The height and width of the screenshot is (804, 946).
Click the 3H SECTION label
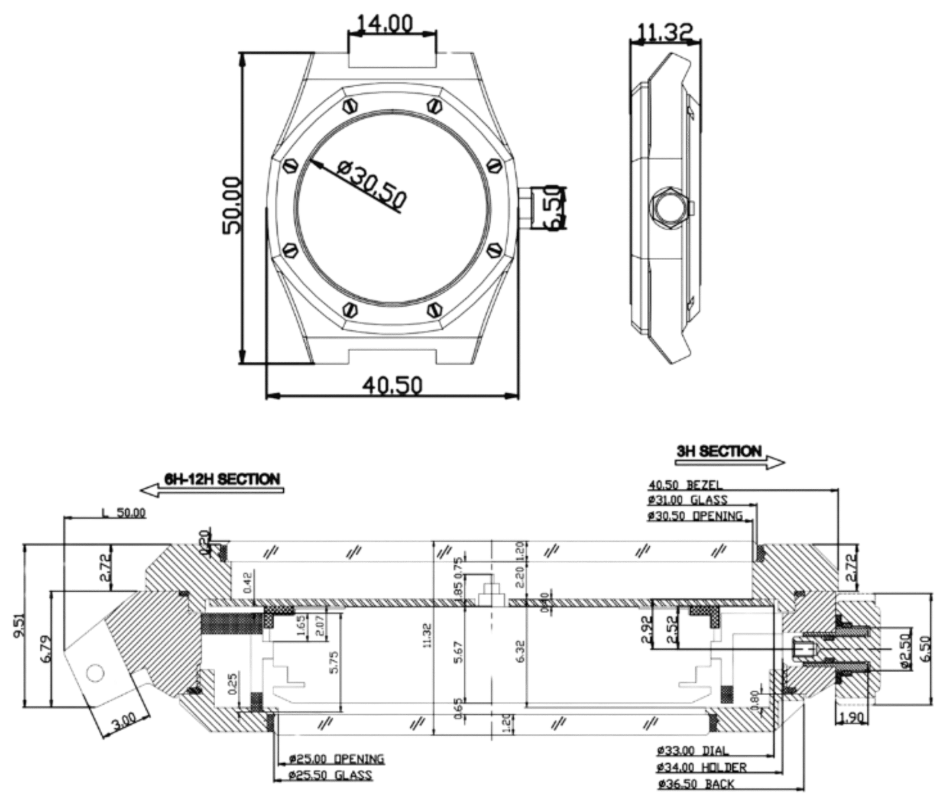pyautogui.click(x=718, y=452)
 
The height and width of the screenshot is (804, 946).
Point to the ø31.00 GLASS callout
pyautogui.click(x=688, y=500)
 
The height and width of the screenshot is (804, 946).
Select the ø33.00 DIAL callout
pyautogui.click(x=692, y=751)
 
